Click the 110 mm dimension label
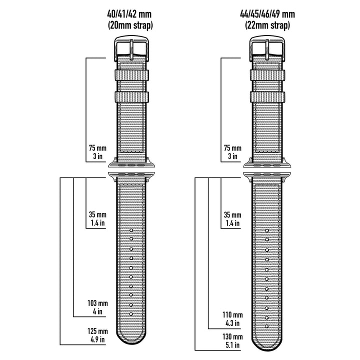pos(233,315)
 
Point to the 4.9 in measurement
pos(98,340)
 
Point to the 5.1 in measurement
pos(233,345)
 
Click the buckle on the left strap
pos(132,47)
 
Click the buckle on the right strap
pos(268,47)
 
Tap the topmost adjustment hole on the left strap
pos(131,230)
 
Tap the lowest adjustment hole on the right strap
pos(267,327)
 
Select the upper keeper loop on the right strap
pos(268,75)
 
